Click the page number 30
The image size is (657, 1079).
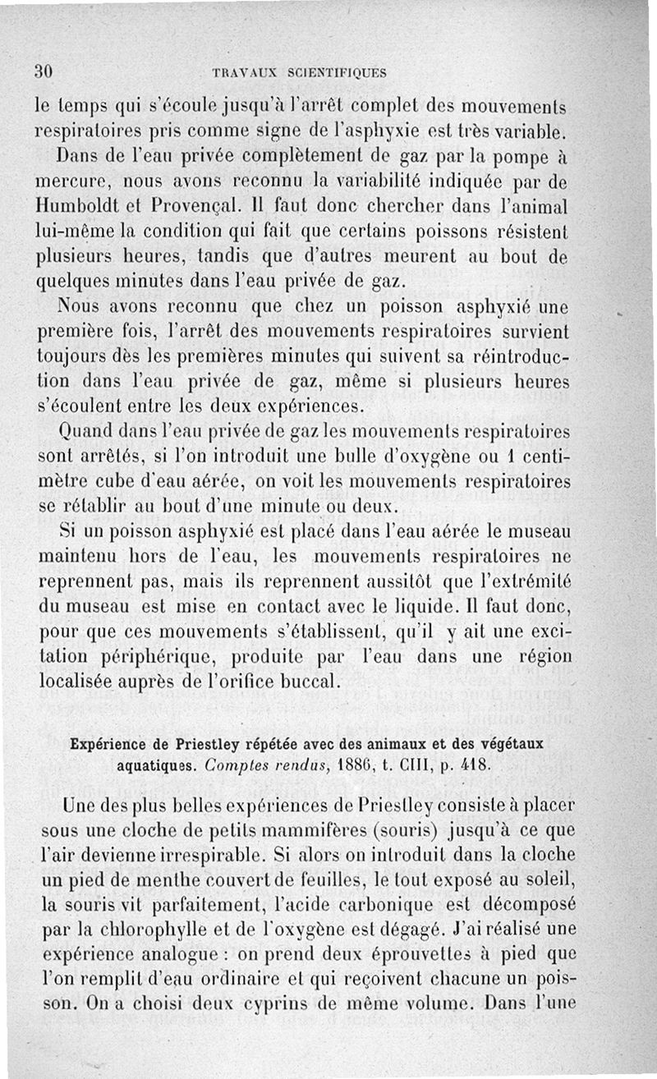pyautogui.click(x=44, y=71)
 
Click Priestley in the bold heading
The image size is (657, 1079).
pyautogui.click(x=208, y=744)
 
